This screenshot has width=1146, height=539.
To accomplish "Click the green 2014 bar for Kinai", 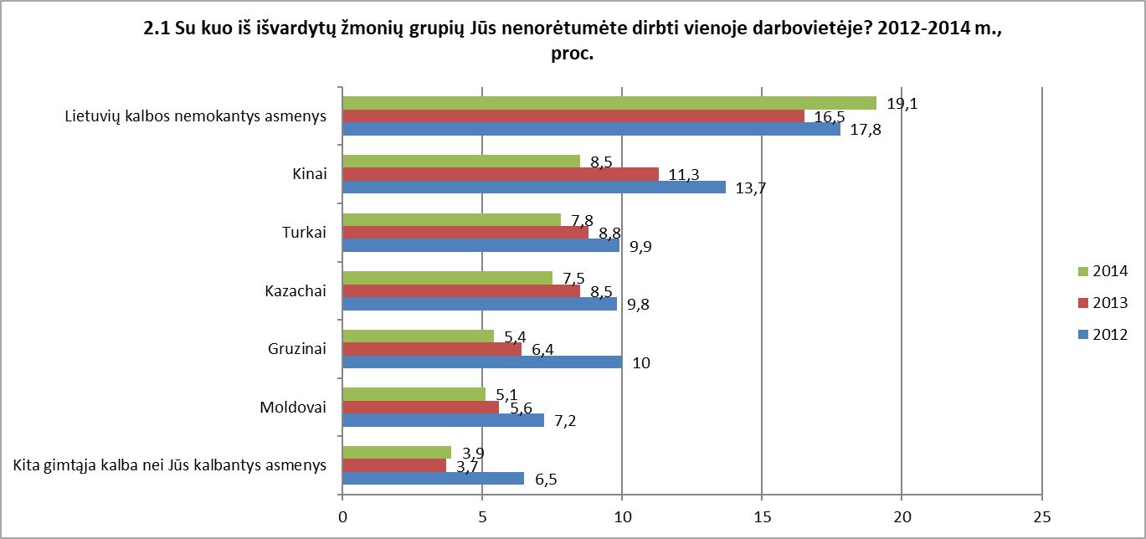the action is point(461,161).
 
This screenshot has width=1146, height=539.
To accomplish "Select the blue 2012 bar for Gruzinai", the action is point(482,362).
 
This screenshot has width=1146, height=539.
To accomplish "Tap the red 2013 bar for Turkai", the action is point(465,233).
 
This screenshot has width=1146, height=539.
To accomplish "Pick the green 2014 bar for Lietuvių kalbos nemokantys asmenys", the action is point(609,103).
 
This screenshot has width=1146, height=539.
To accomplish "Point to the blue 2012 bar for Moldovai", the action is point(444,420).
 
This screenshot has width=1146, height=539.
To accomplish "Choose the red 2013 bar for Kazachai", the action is point(461,291).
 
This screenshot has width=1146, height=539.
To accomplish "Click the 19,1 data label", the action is point(902,104).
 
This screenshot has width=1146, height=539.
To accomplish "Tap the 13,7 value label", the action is point(751,188).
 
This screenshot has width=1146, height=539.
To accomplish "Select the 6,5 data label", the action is point(546,480).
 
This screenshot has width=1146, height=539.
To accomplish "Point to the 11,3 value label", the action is point(684,175).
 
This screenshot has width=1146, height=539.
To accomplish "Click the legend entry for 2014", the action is point(1102,271).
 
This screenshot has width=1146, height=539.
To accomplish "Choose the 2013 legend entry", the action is point(1102,303).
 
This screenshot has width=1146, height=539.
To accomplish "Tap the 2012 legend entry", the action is point(1102,335).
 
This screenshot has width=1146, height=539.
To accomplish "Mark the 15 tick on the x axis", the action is point(763,517).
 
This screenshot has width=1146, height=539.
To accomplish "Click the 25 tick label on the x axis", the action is point(1042,517).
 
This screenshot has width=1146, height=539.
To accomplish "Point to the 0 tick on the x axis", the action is point(342,517).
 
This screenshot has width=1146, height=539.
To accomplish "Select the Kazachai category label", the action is point(295,291).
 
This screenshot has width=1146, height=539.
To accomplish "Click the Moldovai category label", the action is point(293,407).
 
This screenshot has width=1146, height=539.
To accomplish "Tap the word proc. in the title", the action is point(573,54).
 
